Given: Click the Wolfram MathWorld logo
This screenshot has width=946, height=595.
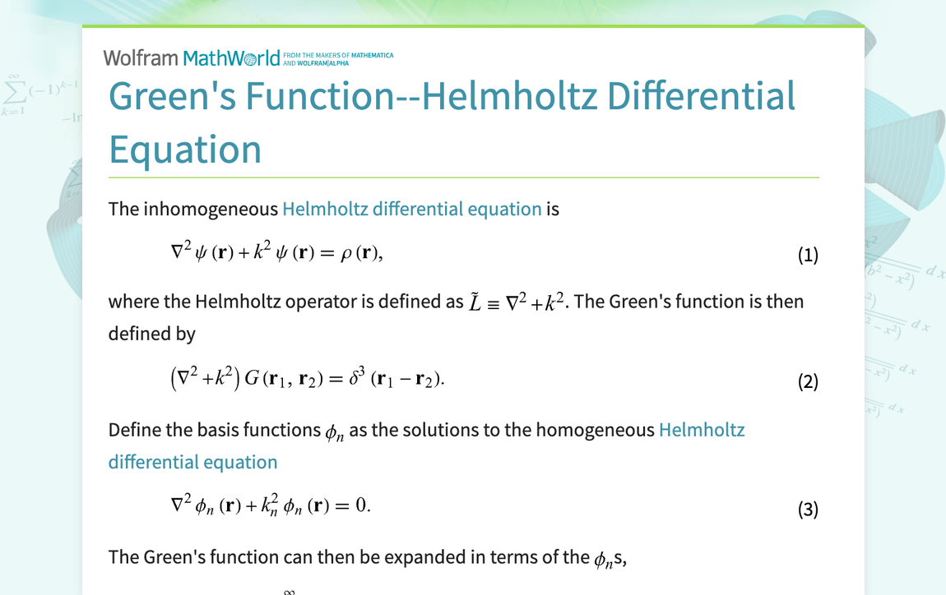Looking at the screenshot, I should tap(192, 58).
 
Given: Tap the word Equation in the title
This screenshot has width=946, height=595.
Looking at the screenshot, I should tap(185, 150).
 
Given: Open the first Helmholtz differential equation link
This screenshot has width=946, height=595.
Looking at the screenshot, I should tap(411, 209).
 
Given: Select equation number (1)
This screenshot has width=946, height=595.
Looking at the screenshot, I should tap(808, 255).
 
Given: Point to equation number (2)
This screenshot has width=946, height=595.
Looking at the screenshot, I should tap(808, 381).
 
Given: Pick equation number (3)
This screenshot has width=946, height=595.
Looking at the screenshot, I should tap(808, 510).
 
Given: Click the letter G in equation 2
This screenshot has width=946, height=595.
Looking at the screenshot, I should tap(253, 379).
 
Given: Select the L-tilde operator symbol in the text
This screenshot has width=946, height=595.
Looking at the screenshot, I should tap(475, 302).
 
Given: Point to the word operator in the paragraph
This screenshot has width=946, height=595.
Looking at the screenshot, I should tap(321, 302).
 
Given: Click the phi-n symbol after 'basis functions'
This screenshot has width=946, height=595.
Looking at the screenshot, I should tap(334, 431).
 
